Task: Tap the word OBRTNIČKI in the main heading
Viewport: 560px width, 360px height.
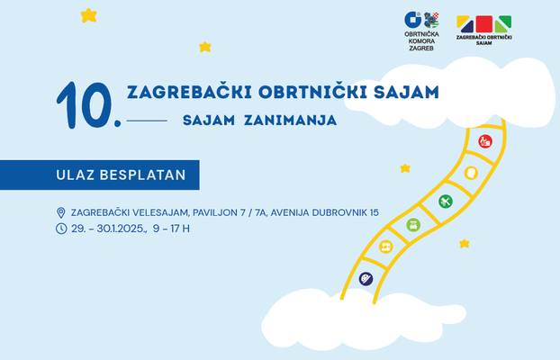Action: point(312,92)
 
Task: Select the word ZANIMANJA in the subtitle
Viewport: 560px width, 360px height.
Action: point(291,121)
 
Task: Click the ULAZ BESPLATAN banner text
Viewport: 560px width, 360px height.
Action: point(121,175)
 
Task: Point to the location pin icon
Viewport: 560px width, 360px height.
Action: point(61,213)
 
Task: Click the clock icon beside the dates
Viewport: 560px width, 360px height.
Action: point(61,229)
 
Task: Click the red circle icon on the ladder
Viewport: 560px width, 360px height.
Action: point(485,141)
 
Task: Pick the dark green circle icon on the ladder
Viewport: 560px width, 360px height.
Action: point(446,202)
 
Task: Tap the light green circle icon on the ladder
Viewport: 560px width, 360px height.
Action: point(413,225)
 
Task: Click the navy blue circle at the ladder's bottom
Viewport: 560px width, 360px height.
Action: point(366,279)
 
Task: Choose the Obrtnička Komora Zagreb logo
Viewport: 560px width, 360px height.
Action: point(421,31)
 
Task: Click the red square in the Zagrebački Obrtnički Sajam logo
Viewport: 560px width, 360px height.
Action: point(484,24)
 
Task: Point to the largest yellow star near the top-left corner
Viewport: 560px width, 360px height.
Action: point(88,15)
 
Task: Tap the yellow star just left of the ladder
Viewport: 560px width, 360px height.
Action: point(405,168)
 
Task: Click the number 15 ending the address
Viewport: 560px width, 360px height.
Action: point(375,212)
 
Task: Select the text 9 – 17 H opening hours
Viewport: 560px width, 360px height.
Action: point(171,229)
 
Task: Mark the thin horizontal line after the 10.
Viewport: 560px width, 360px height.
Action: point(147,121)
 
